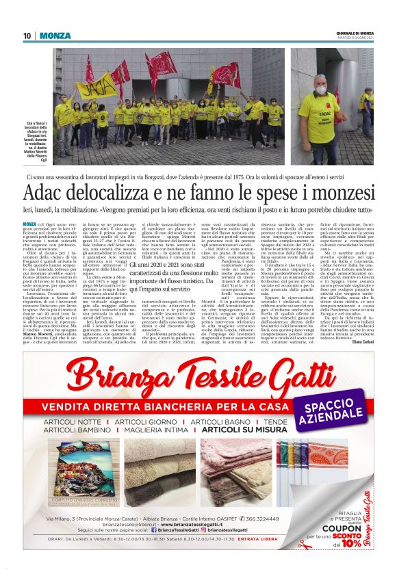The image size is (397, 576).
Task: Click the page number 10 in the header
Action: pos(27,36)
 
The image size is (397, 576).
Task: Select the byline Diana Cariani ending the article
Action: pos(359,343)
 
